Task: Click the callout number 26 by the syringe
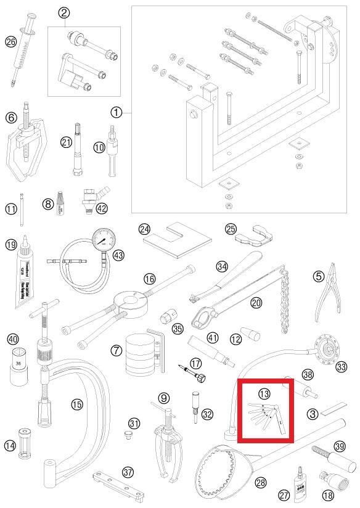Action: [x=10, y=42]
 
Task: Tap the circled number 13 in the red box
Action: [x=264, y=393]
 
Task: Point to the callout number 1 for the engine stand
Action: [x=117, y=112]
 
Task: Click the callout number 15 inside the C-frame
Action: [x=76, y=404]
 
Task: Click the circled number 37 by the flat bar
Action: [x=128, y=472]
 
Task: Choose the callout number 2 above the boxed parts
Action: [x=63, y=12]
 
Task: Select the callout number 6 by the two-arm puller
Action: [x=10, y=117]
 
